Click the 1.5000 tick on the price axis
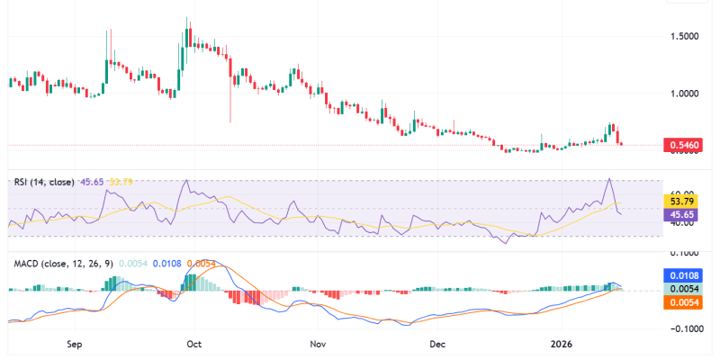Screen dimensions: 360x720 click(685, 36)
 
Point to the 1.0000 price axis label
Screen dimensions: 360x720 click(685, 93)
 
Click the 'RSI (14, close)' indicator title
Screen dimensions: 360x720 click(44, 182)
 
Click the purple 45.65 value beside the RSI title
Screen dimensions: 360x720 click(92, 182)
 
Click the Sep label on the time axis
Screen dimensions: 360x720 click(75, 344)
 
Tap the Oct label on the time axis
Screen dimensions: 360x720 click(192, 344)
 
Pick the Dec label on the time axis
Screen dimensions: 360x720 click(437, 344)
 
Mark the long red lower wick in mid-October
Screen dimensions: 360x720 click(231, 103)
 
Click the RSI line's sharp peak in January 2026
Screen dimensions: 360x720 click(610, 179)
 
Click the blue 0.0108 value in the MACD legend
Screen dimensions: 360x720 click(167, 264)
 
